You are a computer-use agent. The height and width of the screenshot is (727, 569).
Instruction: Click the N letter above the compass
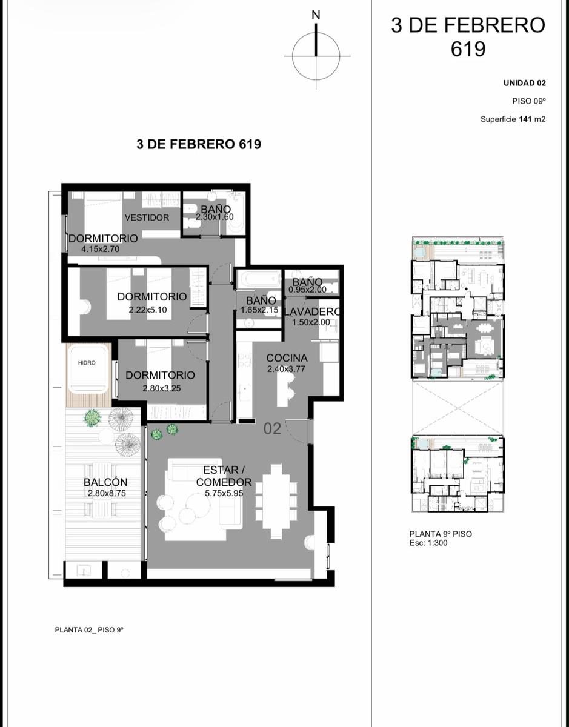pyautogui.click(x=316, y=15)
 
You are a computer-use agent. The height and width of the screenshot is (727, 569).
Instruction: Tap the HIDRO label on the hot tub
pyautogui.click(x=87, y=363)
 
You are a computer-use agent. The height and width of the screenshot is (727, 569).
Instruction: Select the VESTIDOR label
pyautogui.click(x=147, y=217)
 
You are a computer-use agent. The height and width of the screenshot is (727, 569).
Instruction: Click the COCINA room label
pyautogui.click(x=287, y=358)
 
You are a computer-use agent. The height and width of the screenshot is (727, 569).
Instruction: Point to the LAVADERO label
pyautogui.click(x=311, y=312)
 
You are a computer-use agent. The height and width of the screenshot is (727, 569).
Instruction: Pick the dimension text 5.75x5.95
pyautogui.click(x=224, y=493)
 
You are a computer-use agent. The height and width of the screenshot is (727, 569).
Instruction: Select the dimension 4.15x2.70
pyautogui.click(x=101, y=249)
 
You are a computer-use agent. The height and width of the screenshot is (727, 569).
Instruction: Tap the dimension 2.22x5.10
pyautogui.click(x=148, y=310)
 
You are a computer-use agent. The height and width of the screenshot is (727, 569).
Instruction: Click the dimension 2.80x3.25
pyautogui.click(x=162, y=388)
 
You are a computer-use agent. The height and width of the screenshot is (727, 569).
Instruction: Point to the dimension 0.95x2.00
pyautogui.click(x=307, y=290)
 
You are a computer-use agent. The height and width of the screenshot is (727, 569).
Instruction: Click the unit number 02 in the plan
pyautogui.click(x=272, y=429)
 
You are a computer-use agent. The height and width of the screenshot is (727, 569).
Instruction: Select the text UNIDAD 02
pyautogui.click(x=525, y=84)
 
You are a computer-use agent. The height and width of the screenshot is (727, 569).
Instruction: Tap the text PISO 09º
pyautogui.click(x=529, y=101)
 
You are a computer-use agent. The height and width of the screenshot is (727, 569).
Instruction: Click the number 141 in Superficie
pyautogui.click(x=525, y=119)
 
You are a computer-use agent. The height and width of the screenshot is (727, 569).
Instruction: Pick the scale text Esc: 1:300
pyautogui.click(x=428, y=543)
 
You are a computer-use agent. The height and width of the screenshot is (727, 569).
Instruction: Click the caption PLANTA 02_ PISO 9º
pyautogui.click(x=89, y=630)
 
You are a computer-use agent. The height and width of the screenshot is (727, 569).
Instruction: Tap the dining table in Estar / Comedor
pyautogui.click(x=276, y=502)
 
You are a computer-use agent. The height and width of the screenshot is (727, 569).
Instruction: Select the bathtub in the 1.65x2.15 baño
pyautogui.click(x=258, y=279)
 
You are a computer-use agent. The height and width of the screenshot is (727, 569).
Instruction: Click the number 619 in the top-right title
pyautogui.click(x=468, y=49)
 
